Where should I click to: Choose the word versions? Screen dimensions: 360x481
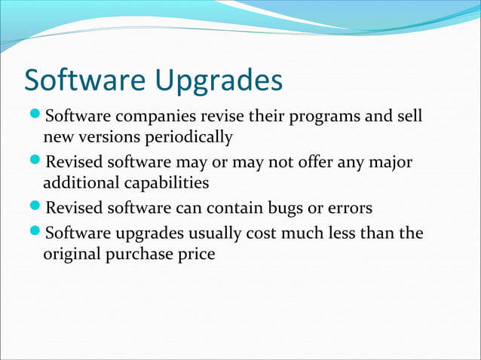click(109, 138)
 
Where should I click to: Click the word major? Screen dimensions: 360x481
click(392, 163)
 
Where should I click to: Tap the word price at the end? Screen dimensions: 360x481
click(197, 255)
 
